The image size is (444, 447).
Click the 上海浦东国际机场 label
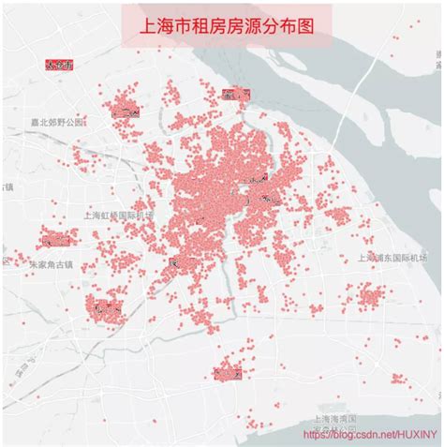(393, 257)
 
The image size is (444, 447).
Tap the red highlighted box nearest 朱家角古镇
(58, 241)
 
